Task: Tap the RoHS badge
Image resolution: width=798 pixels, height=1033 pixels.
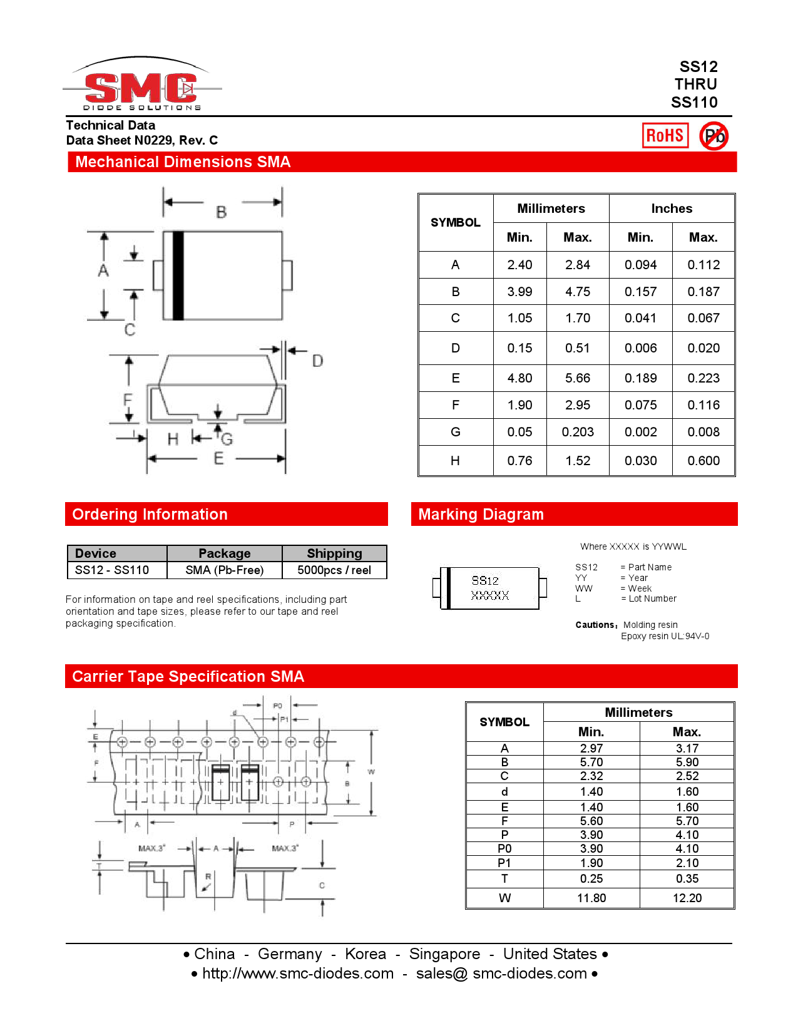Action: click(x=665, y=135)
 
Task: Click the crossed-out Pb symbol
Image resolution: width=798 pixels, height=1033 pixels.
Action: click(x=714, y=136)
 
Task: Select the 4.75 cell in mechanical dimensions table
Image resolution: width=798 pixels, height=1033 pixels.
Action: click(x=577, y=292)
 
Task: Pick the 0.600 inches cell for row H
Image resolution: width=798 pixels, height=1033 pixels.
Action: click(x=703, y=461)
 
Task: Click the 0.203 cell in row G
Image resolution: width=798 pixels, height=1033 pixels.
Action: click(x=577, y=432)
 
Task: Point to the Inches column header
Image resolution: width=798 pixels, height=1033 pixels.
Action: click(x=672, y=208)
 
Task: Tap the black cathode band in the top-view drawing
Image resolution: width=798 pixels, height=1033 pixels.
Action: click(x=178, y=275)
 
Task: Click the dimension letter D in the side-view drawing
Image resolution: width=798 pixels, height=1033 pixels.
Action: click(x=317, y=361)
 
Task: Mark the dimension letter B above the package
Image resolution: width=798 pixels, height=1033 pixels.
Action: click(x=222, y=212)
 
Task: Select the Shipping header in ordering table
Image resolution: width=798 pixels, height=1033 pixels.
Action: click(x=334, y=553)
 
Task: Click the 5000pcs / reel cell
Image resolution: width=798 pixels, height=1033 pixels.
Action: click(x=334, y=570)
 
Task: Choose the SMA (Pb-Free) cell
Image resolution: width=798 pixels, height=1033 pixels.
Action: click(x=224, y=570)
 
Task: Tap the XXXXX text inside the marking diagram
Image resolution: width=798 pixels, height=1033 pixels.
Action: click(x=490, y=595)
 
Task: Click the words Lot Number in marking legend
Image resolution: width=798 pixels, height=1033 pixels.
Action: click(x=652, y=599)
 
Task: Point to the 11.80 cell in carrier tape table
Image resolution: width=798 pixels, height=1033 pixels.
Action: click(x=591, y=898)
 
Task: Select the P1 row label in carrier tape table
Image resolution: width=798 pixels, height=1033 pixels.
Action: click(x=504, y=863)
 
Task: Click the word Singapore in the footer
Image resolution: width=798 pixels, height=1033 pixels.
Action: click(x=444, y=954)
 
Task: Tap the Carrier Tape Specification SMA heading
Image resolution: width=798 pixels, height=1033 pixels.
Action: click(x=188, y=677)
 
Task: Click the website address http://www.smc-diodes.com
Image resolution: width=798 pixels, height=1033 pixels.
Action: click(x=298, y=974)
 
